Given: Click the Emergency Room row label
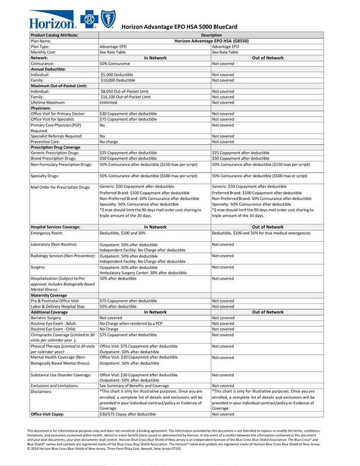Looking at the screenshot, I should click(50, 232).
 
